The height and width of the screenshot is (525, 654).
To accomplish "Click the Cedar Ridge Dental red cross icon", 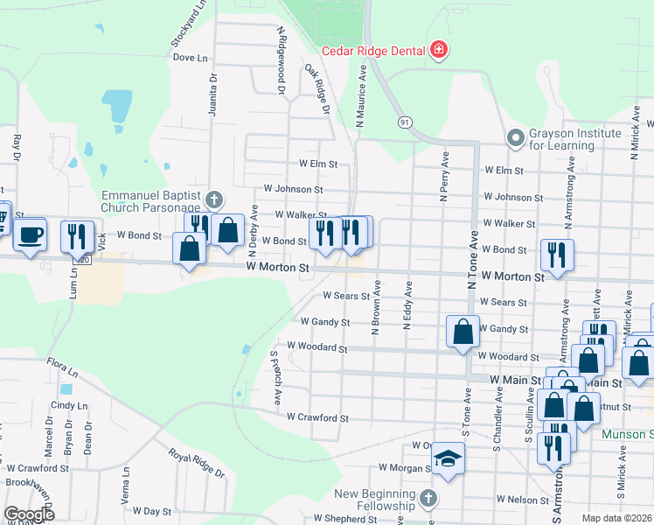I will click(x=438, y=51).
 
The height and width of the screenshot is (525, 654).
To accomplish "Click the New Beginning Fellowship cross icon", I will click(x=427, y=499).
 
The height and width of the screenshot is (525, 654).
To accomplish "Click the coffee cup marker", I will click(x=31, y=235).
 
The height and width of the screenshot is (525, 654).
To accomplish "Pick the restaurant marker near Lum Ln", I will click(x=76, y=236).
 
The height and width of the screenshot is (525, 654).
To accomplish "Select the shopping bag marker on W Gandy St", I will click(x=463, y=332).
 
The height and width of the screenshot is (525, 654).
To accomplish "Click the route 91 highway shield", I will click(x=404, y=122).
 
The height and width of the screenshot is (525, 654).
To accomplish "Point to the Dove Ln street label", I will click(x=191, y=58).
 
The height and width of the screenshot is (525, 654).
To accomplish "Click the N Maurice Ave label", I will click(x=361, y=92).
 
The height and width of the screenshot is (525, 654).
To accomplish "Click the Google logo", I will click(x=29, y=514).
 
